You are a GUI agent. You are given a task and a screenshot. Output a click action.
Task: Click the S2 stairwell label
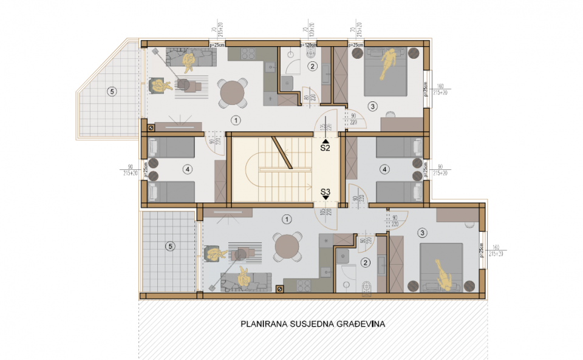pyautogui.click(x=325, y=147)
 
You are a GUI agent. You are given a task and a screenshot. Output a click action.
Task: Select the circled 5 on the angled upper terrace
pyautogui.click(x=111, y=92)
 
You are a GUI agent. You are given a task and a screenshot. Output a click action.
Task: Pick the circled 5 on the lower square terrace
pyautogui.click(x=171, y=246)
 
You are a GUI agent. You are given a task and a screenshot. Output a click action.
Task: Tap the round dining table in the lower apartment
pyautogui.click(x=286, y=248)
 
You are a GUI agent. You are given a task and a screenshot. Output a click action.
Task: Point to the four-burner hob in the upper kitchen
pyautogui.click(x=248, y=53)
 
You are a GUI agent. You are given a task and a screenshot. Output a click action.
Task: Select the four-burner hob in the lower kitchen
pyautogui.click(x=302, y=285)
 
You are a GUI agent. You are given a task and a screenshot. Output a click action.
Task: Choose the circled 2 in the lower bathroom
pyautogui.click(x=365, y=263)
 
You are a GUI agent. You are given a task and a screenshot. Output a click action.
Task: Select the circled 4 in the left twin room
pyautogui.click(x=188, y=169)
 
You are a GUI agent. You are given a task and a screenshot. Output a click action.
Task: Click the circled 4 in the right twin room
pyautogui.click(x=383, y=169)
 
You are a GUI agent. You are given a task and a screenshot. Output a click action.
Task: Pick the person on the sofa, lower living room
pyautogui.click(x=245, y=277)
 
